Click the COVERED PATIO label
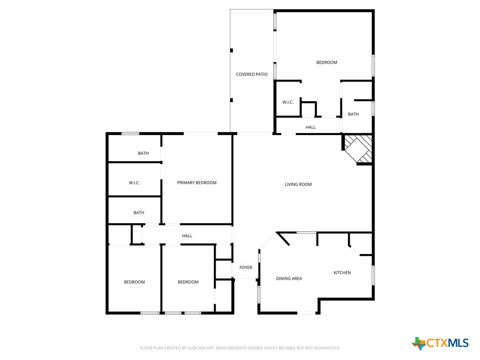coord(252,75)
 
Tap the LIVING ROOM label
coord(298,185)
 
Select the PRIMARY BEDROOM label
coord(197,183)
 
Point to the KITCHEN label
coord(342,273)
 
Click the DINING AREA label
coord(289,278)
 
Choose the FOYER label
coord(246,268)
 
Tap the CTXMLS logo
coord(440,343)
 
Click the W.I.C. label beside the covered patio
coord(288,102)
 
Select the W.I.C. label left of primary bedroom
coord(135,183)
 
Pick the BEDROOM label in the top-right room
coord(327,62)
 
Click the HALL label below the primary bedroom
coord(187,236)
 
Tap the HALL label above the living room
coord(311,127)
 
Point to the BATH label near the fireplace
coord(353,114)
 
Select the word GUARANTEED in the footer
coord(325,348)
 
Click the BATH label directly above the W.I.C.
coord(143,153)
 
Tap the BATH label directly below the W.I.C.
coord(139,213)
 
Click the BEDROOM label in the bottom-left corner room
coord(135,282)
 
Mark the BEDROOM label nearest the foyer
coord(188,282)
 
